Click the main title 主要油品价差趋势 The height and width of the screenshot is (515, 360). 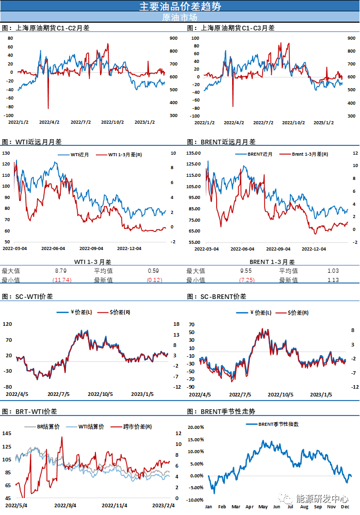180,6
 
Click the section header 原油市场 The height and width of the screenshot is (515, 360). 179,16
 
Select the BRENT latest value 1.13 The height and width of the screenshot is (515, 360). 333,280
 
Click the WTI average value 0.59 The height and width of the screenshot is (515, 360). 153,271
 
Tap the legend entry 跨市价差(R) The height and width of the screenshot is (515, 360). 137,427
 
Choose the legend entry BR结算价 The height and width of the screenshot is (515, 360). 49,427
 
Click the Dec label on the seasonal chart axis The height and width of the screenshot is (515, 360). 343,507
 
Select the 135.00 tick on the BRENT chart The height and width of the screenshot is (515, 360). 194,153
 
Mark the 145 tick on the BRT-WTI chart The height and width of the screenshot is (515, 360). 7,433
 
